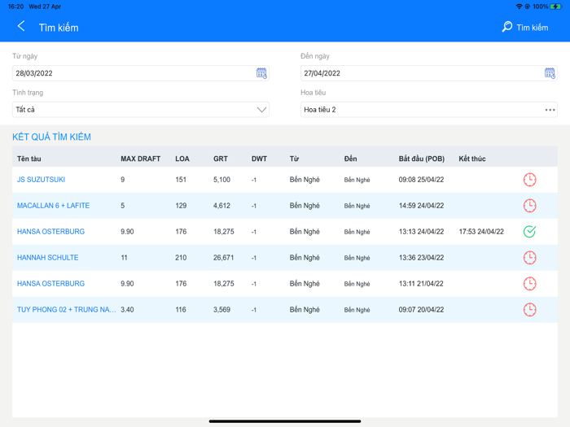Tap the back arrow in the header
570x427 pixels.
point(21,27)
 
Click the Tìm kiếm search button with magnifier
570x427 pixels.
point(524,28)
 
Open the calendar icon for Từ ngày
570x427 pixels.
point(261,73)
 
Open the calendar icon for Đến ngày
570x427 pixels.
point(550,73)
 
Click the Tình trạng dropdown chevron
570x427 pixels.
point(261,110)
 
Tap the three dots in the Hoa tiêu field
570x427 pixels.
point(550,110)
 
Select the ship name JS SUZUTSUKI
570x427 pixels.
point(41,180)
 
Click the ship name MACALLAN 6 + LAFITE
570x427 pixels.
point(53,206)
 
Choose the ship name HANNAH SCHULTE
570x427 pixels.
point(47,258)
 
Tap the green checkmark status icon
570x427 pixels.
point(529,232)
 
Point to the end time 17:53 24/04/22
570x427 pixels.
point(481,232)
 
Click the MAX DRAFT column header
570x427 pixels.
point(140,159)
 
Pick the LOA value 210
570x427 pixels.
point(182,258)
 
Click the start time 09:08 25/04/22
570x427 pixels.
point(421,180)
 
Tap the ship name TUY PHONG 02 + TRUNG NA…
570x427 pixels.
point(67,310)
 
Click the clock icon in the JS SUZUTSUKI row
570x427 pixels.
point(529,180)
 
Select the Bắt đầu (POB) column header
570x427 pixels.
point(422,159)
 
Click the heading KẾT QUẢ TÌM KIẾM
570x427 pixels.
point(51,137)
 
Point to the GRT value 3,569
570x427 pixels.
point(221,310)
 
